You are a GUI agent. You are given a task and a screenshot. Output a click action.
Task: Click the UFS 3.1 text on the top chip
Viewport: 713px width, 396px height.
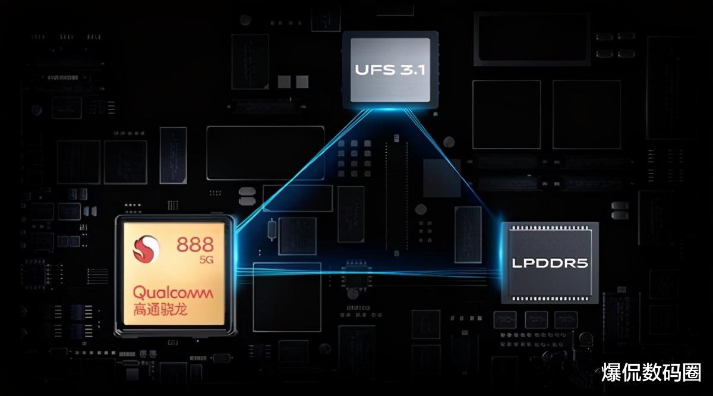pos(390,70)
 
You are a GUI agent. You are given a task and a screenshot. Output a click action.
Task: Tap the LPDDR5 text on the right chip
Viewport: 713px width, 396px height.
pos(550,262)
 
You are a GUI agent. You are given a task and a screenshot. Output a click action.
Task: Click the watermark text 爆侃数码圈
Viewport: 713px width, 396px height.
pos(651,373)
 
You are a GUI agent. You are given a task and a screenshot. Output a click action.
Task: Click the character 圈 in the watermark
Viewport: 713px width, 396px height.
pos(691,373)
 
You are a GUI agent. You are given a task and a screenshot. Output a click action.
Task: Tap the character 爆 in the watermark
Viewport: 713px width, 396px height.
pos(611,373)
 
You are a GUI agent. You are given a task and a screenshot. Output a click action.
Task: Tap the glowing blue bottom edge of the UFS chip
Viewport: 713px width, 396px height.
pos(390,108)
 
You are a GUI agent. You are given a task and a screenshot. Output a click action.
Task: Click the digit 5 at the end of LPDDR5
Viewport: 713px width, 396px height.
pos(582,262)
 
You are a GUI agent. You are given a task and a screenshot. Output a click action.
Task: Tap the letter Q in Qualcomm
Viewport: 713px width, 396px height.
pos(138,293)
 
